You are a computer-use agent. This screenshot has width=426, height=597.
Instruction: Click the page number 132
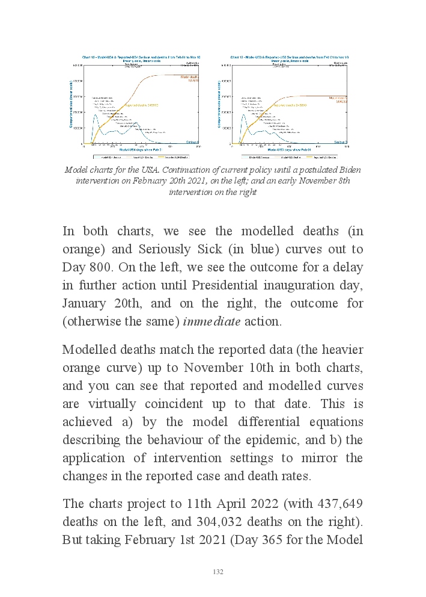pos(218,572)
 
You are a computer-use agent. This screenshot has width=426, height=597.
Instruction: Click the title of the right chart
pos(290,58)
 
